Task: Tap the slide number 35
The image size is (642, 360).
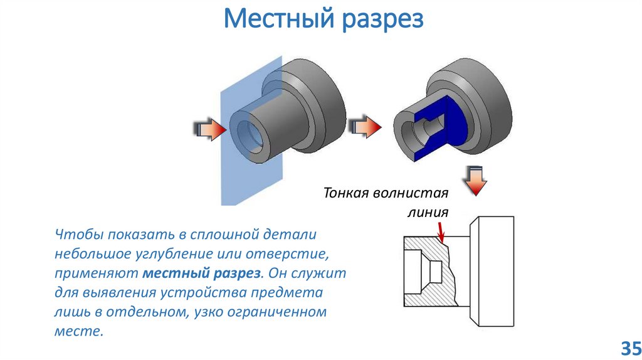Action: click(629, 347)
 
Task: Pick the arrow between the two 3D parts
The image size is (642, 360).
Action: click(364, 126)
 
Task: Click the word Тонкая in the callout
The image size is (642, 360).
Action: click(347, 193)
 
